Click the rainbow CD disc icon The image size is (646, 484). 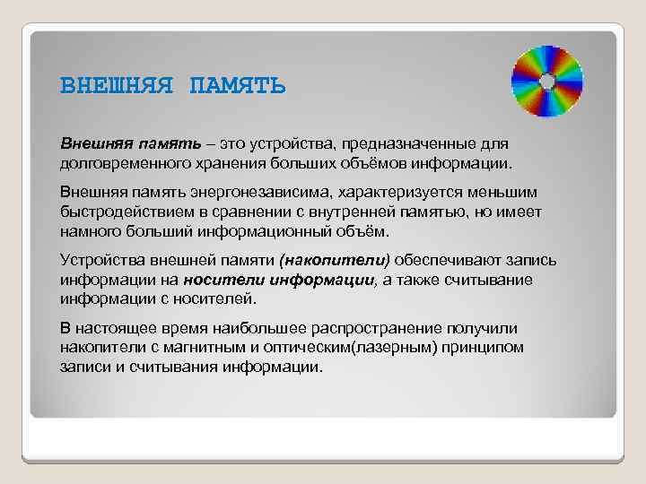pyautogui.click(x=546, y=81)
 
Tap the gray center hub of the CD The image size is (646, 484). pyautogui.click(x=546, y=81)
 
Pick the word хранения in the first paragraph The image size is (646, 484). pyautogui.click(x=225, y=163)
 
